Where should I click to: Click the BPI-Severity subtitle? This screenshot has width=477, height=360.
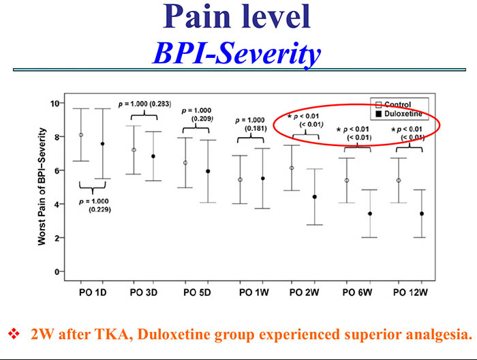click(x=236, y=52)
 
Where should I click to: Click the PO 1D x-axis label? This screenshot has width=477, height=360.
click(x=92, y=294)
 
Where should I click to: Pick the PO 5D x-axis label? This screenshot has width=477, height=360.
click(x=198, y=294)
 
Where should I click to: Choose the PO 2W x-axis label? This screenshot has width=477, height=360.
click(x=304, y=294)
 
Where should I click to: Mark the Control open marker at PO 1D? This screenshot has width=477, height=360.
click(x=81, y=135)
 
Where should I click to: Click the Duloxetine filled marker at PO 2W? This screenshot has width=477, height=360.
click(x=315, y=197)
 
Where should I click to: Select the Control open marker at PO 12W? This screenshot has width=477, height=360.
click(x=399, y=181)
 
